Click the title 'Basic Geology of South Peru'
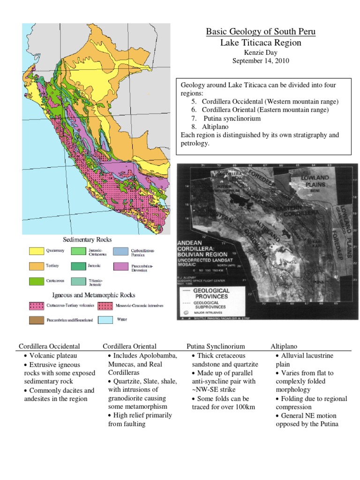click(x=261, y=32)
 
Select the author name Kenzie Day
click(x=261, y=52)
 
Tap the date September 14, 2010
click(x=261, y=60)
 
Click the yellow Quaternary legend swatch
click(x=36, y=251)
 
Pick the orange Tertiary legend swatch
click(x=36, y=266)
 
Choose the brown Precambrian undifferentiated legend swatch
click(x=36, y=320)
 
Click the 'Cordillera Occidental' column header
click(x=49, y=346)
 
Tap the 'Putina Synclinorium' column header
click(x=216, y=346)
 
